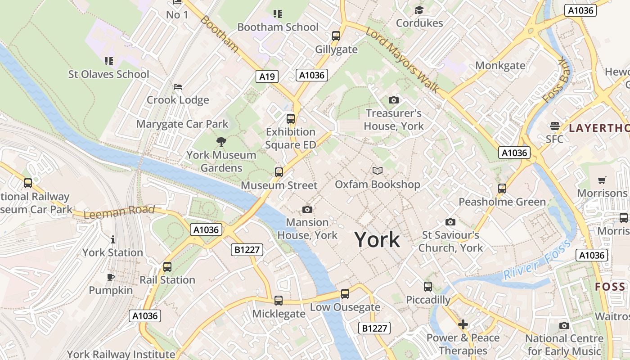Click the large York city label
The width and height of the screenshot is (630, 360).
click(377, 239)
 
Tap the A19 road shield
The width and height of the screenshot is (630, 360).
click(267, 76)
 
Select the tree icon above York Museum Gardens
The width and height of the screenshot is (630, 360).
click(221, 142)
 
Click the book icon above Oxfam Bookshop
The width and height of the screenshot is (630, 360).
click(378, 171)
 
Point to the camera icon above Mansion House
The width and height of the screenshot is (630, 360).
click(307, 209)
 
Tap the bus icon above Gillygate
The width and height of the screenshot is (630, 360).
click(336, 36)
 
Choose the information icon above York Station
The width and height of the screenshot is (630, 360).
click(112, 239)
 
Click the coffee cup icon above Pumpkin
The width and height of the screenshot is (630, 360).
click(111, 277)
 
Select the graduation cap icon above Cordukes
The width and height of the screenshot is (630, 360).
click(419, 10)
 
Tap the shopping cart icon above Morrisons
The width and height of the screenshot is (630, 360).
click(602, 180)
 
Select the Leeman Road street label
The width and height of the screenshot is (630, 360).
click(119, 212)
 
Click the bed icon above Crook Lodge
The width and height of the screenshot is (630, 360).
click(178, 86)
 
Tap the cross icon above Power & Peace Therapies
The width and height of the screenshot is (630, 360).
click(463, 324)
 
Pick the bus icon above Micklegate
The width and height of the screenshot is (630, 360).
click(279, 301)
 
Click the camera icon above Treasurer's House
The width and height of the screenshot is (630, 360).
click(393, 100)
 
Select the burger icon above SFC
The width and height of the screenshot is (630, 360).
click(554, 126)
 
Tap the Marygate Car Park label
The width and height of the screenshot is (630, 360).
click(182, 124)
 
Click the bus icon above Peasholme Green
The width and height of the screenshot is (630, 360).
click(502, 189)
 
